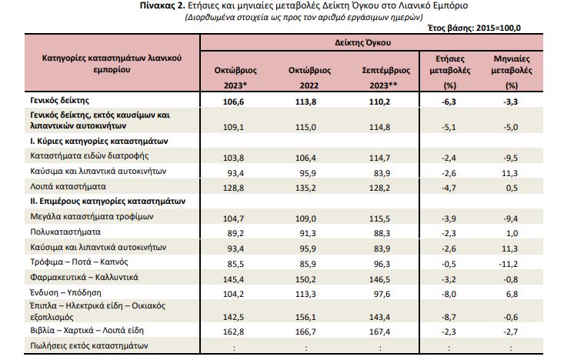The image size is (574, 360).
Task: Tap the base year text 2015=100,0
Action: tap(499, 28)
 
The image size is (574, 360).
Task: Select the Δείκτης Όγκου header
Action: tap(362, 43)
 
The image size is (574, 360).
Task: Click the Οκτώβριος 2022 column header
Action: tap(309, 78)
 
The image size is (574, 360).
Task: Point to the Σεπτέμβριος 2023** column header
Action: tap(385, 78)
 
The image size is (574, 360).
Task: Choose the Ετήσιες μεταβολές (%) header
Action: tap(450, 72)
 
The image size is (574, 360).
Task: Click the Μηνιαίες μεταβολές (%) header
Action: tap(512, 72)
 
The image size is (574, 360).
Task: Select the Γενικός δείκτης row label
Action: tap(60, 100)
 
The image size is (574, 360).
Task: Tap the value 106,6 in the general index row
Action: tap(233, 102)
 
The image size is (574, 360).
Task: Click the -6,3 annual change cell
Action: tap(449, 102)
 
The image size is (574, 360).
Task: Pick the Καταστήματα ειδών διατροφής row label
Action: tap(89, 156)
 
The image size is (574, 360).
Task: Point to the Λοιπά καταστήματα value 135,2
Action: tap(305, 188)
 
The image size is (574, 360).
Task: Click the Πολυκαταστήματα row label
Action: tap(65, 232)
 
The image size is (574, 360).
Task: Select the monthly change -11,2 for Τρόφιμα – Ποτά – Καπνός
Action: tap(509, 264)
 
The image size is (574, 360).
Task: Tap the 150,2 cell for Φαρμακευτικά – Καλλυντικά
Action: tap(305, 279)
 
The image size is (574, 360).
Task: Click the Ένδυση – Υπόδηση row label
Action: tap(65, 292)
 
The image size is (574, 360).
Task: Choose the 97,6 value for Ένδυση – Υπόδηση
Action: tap(382, 294)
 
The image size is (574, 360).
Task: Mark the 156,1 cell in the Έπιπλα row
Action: tap(305, 317)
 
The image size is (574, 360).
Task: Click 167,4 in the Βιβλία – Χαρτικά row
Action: tap(379, 332)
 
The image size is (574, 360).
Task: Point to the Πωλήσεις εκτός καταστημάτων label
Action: tap(89, 345)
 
